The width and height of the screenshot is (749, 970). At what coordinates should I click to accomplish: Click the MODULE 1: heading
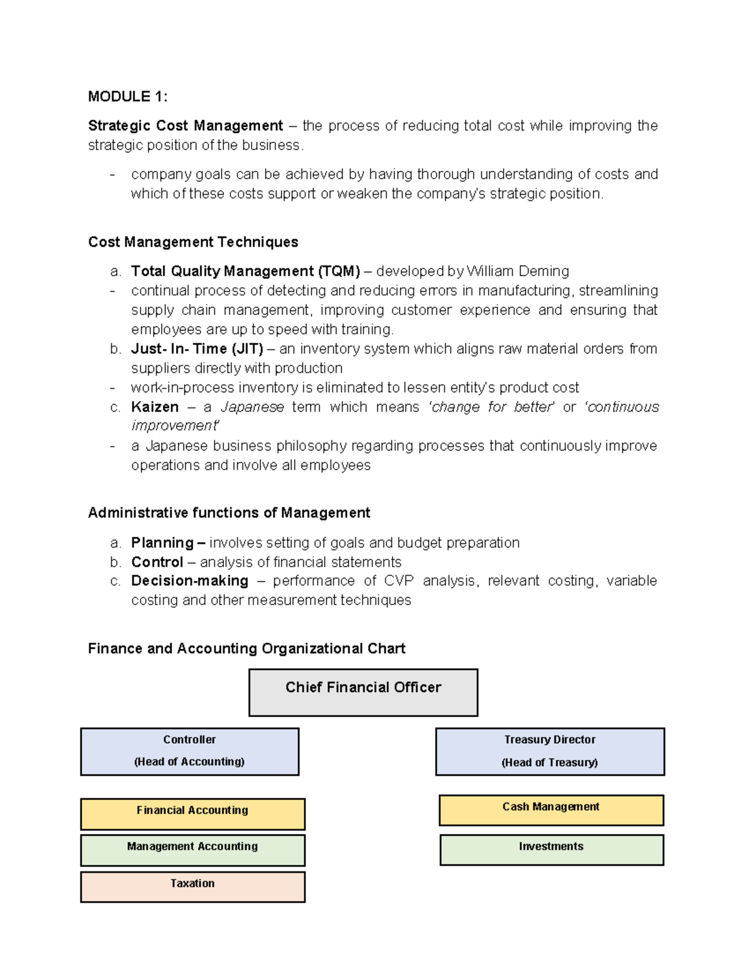coord(127,96)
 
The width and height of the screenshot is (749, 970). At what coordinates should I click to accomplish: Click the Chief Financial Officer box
coord(363,692)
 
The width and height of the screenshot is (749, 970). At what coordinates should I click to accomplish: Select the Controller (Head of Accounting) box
coord(190,751)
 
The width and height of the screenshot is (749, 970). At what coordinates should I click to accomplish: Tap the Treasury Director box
coord(550,751)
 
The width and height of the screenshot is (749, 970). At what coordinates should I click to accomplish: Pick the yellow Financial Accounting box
coord(192,813)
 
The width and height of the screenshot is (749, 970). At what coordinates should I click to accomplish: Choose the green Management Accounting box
coord(192,849)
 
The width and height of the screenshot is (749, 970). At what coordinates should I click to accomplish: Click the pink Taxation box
coord(192,886)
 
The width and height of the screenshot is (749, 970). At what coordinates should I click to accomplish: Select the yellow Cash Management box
coord(551,809)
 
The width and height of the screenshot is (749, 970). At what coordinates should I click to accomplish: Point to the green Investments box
coord(551,849)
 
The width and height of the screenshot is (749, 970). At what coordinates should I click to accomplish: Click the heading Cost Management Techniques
coord(193,242)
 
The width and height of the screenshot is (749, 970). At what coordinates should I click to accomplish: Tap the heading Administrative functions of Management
coord(229,513)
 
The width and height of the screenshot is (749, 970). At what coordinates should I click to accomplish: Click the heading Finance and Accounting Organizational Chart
coord(247,648)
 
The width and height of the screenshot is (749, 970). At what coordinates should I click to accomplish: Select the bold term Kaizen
coord(155,407)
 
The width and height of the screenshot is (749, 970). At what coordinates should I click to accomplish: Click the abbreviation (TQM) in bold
coord(339,271)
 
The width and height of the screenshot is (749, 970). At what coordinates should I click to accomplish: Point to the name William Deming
coord(517,271)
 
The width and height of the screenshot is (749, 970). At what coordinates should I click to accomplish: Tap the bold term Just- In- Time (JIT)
coord(197,349)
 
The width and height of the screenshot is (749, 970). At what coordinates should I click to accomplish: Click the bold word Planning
coord(162,542)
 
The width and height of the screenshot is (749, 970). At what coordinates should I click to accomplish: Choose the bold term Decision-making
coord(190,581)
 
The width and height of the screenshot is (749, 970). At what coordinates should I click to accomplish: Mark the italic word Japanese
coord(252,407)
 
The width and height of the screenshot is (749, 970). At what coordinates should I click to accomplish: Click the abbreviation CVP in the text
coord(398,581)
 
